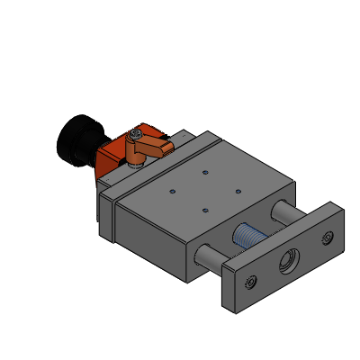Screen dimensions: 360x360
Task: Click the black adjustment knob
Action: (76, 139)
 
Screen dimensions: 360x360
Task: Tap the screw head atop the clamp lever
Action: (135, 134)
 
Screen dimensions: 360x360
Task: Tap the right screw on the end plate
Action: (327, 238)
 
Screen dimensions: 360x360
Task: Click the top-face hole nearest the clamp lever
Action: (205, 171)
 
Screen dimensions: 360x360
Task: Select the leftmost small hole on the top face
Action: (172, 191)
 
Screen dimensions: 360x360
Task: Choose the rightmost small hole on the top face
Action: (238, 191)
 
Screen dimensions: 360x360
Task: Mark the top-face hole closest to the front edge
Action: (205, 210)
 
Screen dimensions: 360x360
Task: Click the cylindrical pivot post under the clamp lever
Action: (134, 158)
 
